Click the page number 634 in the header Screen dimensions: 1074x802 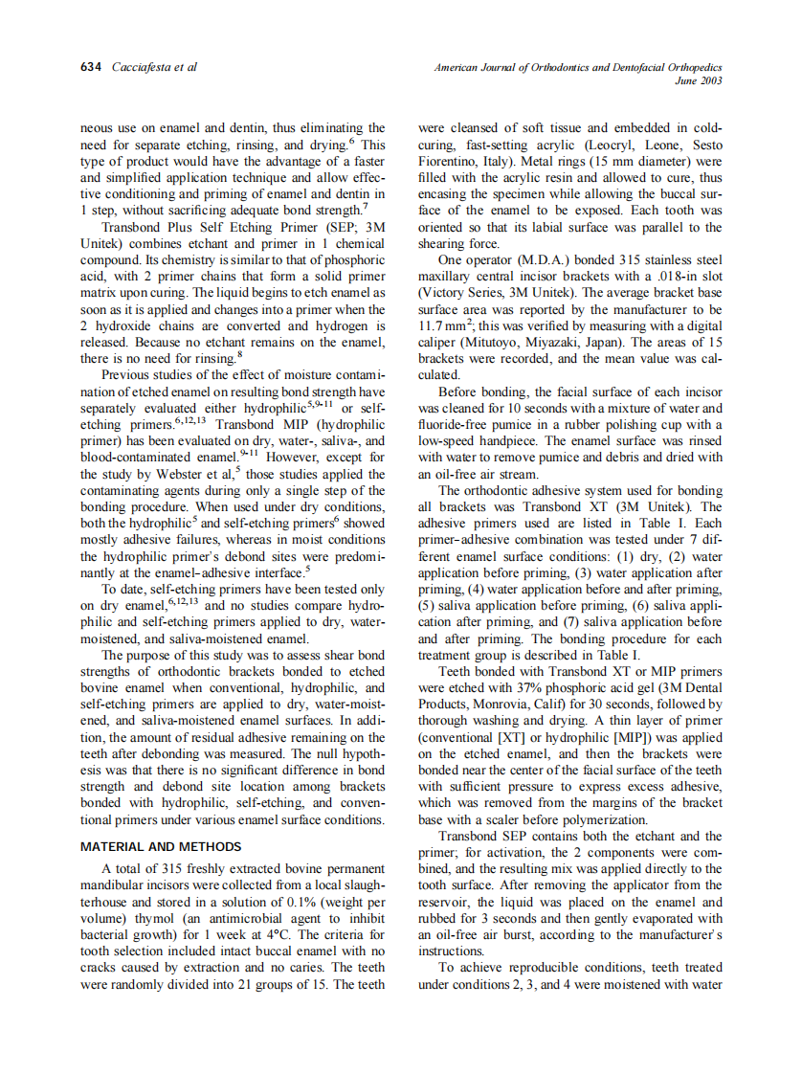coord(91,68)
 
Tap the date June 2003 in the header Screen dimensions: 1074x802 coord(698,81)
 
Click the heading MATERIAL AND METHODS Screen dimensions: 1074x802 coord(160,847)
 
